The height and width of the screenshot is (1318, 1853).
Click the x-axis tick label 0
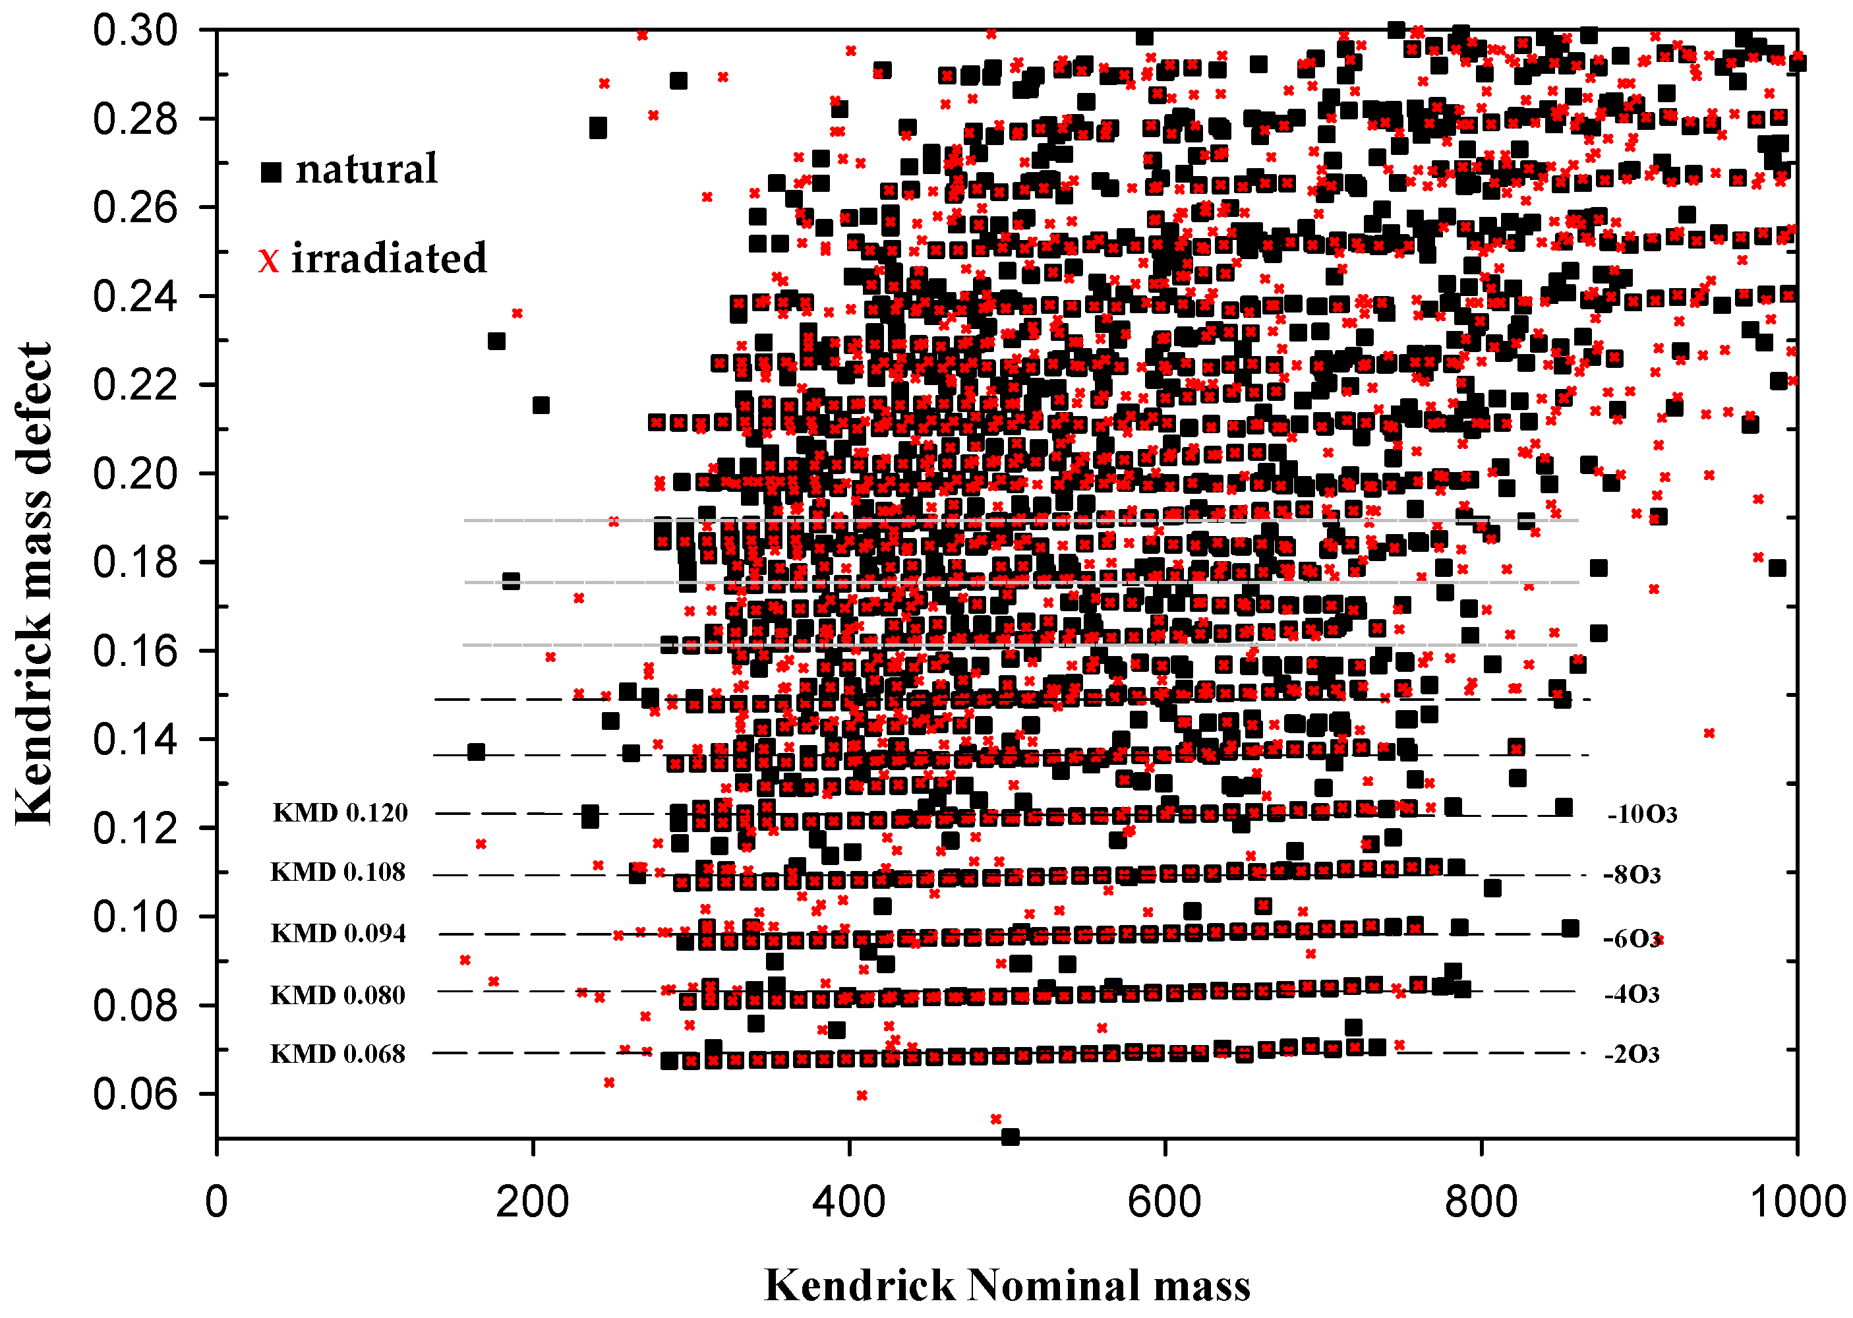pyautogui.click(x=217, y=1201)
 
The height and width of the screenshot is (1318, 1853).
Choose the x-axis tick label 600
pyautogui.click(x=1165, y=1201)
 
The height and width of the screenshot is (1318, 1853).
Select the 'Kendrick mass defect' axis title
pyautogui.click(x=34, y=584)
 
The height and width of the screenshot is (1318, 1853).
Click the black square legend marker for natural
pyautogui.click(x=271, y=172)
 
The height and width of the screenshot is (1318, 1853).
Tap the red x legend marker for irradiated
pyautogui.click(x=268, y=260)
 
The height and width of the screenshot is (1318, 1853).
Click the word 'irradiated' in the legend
pyautogui.click(x=389, y=258)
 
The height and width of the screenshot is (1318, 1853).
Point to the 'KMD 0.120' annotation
pyautogui.click(x=340, y=812)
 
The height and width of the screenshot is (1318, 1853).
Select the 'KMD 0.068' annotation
pyautogui.click(x=338, y=1054)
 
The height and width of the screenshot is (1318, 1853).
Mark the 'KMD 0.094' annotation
pyautogui.click(x=338, y=934)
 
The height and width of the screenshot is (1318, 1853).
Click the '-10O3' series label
pyautogui.click(x=1641, y=814)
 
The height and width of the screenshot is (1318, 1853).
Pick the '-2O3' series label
pyautogui.click(x=1632, y=1054)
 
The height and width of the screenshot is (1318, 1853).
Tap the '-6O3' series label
pyautogui.click(x=1632, y=939)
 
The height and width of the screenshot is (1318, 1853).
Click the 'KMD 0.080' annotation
pyautogui.click(x=338, y=995)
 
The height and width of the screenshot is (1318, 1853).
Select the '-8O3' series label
pyautogui.click(x=1632, y=875)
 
